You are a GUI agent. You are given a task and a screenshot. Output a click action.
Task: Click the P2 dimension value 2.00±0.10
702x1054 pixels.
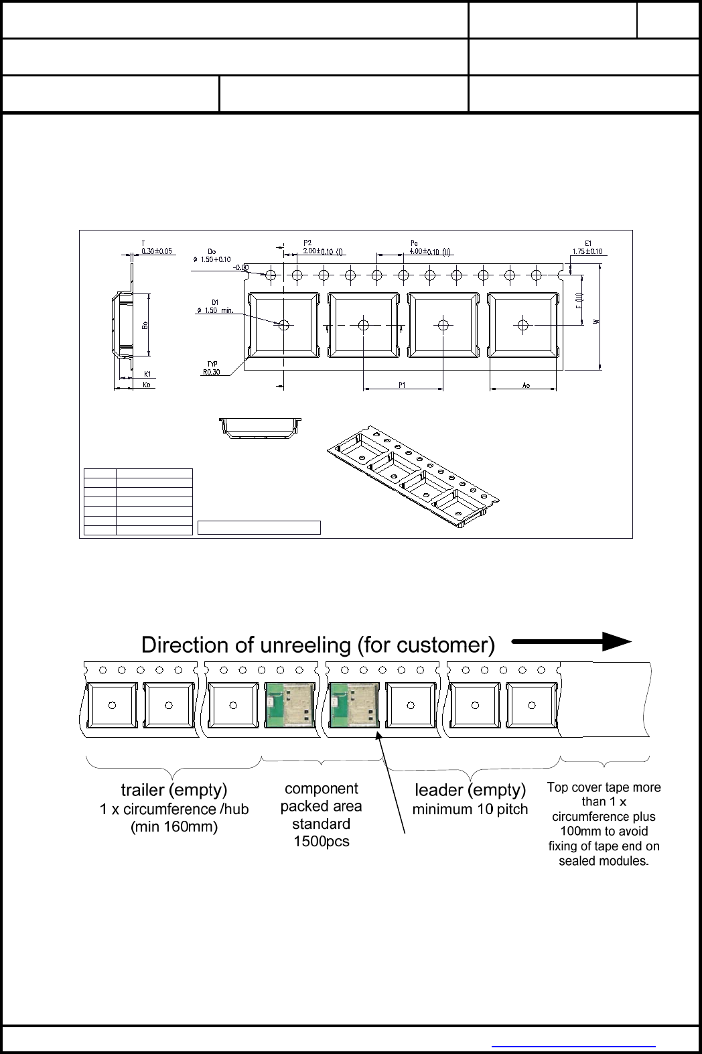click(318, 251)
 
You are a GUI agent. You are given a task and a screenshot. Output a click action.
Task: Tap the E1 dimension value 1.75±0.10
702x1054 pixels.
click(587, 252)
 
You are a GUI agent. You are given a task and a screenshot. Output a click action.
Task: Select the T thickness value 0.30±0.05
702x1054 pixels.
click(157, 251)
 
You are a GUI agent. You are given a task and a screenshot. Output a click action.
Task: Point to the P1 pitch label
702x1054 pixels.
click(402, 385)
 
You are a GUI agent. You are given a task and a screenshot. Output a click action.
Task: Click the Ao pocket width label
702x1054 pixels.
click(526, 385)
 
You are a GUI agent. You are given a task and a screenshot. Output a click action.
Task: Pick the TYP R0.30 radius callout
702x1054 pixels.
click(212, 369)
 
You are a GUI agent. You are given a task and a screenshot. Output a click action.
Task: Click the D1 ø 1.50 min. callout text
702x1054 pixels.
click(214, 310)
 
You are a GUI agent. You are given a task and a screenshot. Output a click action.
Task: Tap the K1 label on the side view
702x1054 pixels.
click(147, 374)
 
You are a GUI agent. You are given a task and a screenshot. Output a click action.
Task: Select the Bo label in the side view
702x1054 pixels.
click(145, 325)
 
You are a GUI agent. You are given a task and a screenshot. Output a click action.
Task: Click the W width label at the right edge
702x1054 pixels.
click(595, 322)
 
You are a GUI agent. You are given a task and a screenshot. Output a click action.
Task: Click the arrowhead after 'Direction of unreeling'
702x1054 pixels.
click(616, 642)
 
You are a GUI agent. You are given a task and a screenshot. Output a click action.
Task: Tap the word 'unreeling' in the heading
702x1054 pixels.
click(305, 645)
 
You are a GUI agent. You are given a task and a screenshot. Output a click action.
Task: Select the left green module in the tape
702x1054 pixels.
click(285, 705)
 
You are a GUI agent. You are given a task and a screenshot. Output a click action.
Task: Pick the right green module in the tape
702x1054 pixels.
click(354, 705)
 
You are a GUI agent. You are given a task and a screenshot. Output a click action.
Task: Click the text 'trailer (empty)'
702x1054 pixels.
click(174, 790)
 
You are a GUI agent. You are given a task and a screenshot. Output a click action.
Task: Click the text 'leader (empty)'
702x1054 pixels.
click(470, 790)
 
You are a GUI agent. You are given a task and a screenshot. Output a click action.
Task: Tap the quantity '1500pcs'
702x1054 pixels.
click(322, 842)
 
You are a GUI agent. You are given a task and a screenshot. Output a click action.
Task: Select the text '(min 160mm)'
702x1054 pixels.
click(174, 827)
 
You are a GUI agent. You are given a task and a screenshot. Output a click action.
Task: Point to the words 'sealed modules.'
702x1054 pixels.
click(604, 861)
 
